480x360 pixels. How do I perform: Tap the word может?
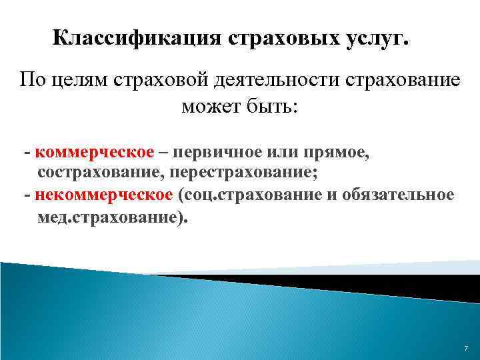click(206, 107)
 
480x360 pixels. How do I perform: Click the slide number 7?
click(465, 349)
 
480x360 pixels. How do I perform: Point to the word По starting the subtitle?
click(31, 81)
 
